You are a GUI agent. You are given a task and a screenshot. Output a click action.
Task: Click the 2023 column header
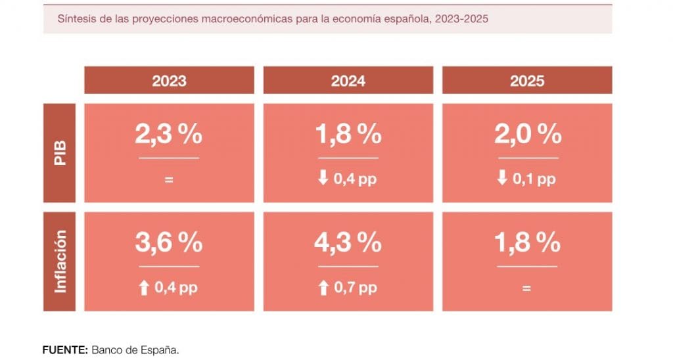click(169, 80)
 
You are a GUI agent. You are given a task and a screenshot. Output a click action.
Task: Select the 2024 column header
click(348, 80)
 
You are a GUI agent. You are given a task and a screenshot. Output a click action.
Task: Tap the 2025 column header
click(527, 80)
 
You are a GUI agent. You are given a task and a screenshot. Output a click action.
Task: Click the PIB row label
click(60, 153)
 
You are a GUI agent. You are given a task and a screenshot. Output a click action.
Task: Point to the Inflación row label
click(60, 261)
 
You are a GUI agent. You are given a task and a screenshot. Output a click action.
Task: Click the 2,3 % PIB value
click(169, 134)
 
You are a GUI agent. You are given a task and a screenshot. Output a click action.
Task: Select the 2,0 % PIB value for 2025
click(528, 134)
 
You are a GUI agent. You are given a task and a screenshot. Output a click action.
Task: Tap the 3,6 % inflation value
click(169, 242)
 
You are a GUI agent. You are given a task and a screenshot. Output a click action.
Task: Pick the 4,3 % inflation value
click(348, 242)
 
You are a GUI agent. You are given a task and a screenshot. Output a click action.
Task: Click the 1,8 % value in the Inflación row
click(528, 242)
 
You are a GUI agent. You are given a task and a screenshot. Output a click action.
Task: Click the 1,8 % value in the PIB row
click(348, 134)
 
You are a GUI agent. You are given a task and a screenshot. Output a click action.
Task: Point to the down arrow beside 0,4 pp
click(323, 177)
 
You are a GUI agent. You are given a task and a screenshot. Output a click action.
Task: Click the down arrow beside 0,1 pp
click(502, 177)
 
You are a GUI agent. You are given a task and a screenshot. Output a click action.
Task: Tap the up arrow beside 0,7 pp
click(323, 288)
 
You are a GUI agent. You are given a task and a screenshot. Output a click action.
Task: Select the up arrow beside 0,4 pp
click(144, 288)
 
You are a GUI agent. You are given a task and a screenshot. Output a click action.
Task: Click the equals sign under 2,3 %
click(169, 180)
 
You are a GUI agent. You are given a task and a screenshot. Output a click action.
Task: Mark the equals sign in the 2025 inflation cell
click(526, 288)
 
